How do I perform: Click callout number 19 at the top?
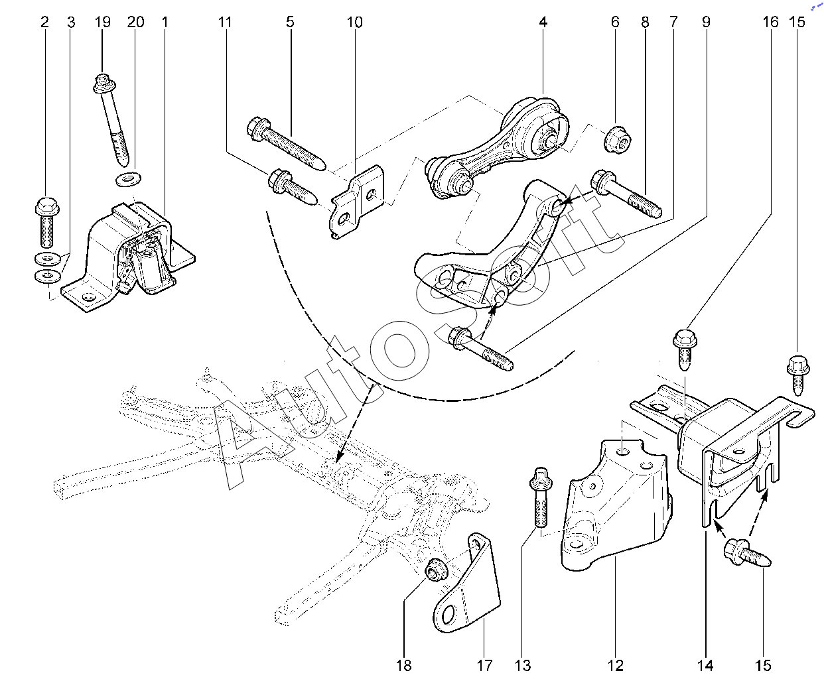[x=103, y=22]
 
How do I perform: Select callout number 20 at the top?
[x=135, y=22]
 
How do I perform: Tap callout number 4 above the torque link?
[x=543, y=22]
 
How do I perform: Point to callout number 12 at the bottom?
[x=615, y=666]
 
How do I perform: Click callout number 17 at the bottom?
[x=484, y=666]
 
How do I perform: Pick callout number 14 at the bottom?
[x=705, y=666]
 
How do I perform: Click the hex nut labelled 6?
[x=618, y=140]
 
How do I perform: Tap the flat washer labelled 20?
[x=129, y=179]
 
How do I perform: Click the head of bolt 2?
[x=47, y=206]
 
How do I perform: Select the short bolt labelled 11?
[x=293, y=188]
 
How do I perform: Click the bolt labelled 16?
[x=685, y=350]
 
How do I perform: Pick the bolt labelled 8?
[x=626, y=194]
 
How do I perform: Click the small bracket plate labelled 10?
[x=357, y=202]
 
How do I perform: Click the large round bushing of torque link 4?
[x=545, y=128]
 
